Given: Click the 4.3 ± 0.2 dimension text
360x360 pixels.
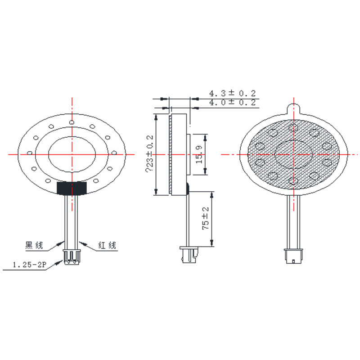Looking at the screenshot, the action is point(232,93).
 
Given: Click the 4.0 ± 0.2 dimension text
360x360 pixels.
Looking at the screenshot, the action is point(232,103).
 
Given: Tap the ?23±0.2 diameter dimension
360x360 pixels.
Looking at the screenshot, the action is point(149,153).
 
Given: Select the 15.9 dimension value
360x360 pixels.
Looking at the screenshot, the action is point(199,154).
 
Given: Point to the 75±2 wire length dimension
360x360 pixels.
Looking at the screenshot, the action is point(206,218).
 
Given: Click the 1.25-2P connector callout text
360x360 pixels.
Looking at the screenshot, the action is point(29,265).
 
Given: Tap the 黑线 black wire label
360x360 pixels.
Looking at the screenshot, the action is point(34,245).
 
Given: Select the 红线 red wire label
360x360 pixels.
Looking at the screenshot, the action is point(107,245).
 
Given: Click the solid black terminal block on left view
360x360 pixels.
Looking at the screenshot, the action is point(72,188).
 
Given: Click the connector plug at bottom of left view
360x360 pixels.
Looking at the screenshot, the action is point(72,257).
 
